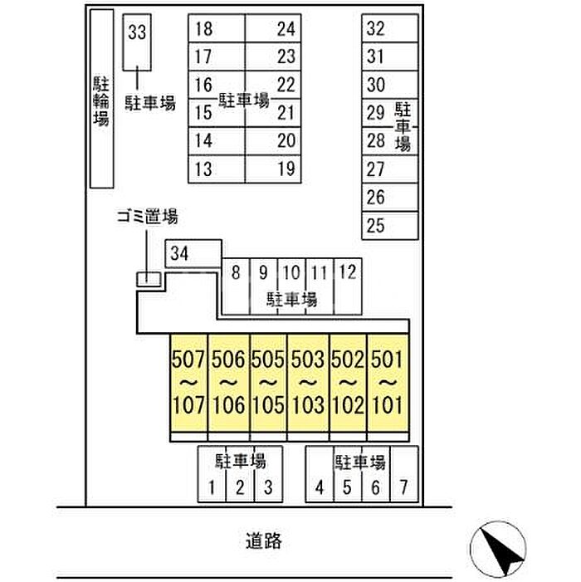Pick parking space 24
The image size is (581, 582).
[274, 30]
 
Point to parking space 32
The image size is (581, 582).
[389, 28]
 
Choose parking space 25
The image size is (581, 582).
[389, 225]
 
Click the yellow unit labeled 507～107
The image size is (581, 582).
[188, 384]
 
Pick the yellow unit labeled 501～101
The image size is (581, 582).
[387, 384]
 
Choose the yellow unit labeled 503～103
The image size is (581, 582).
[307, 384]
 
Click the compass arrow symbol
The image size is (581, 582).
[498, 549]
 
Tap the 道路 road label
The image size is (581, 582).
[263, 541]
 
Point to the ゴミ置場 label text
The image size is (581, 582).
[147, 218]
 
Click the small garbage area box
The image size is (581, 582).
[149, 279]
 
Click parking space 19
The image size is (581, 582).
[274, 169]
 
